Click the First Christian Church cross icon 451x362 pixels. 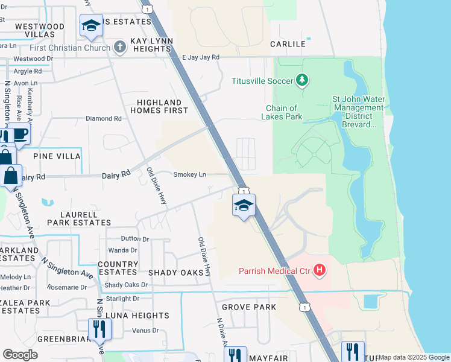(x=120, y=46)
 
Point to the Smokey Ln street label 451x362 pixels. (x=190, y=175)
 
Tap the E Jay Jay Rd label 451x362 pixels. (x=201, y=57)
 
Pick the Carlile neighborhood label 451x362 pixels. (x=285, y=44)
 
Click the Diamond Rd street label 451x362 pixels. (x=103, y=119)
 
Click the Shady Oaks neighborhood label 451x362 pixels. (x=176, y=273)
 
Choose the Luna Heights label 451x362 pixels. (x=137, y=316)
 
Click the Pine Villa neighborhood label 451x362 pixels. (x=57, y=156)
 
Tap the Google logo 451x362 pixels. (x=20, y=355)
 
